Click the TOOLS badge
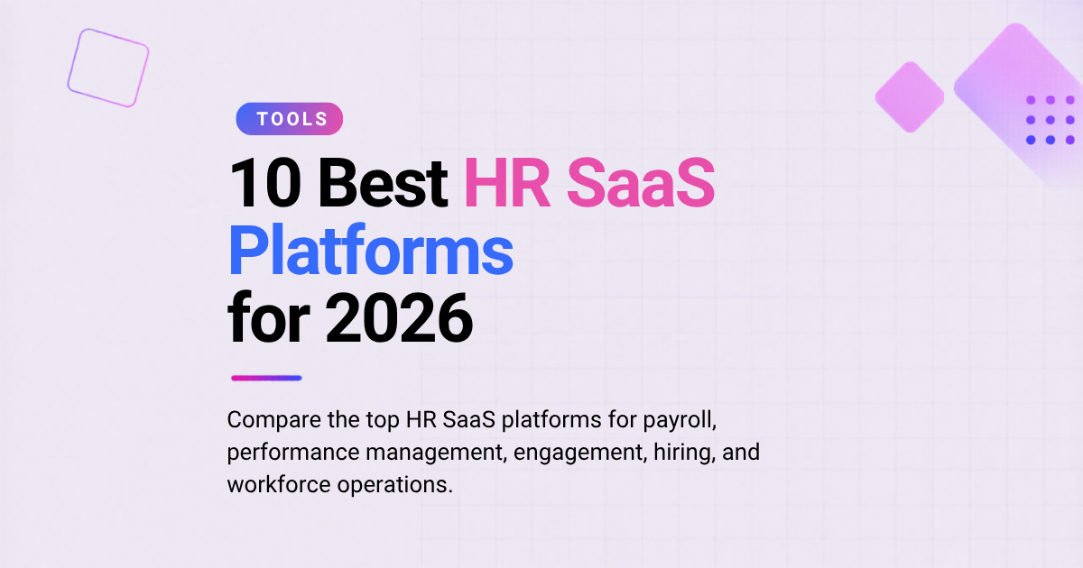pyautogui.click(x=289, y=119)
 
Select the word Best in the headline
pyautogui.click(x=383, y=184)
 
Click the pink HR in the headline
pyautogui.click(x=507, y=183)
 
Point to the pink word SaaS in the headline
pyautogui.click(x=641, y=183)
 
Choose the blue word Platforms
pyautogui.click(x=370, y=251)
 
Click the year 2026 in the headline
pyautogui.click(x=399, y=318)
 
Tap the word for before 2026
pyautogui.click(x=268, y=317)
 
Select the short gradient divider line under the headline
pyautogui.click(x=266, y=378)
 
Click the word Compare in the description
pyautogui.click(x=274, y=420)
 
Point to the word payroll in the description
pyautogui.click(x=680, y=420)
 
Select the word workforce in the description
pyautogui.click(x=279, y=484)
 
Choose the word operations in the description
pyautogui.click(x=394, y=485)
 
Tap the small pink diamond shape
pyautogui.click(x=910, y=97)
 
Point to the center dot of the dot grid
pyautogui.click(x=1051, y=120)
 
